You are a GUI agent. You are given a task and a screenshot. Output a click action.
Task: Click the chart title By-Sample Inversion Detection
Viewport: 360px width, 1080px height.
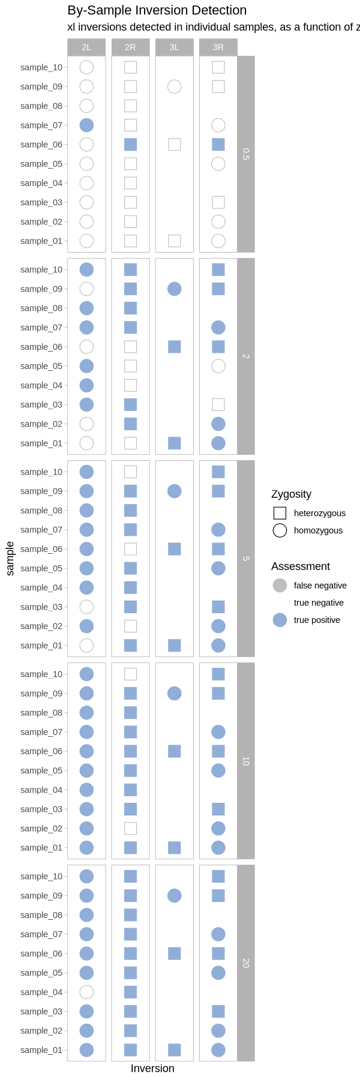[x=157, y=10]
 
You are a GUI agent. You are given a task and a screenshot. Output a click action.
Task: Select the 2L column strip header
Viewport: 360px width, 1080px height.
[x=86, y=47]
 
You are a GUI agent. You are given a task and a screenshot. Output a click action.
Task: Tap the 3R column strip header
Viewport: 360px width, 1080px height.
[x=218, y=47]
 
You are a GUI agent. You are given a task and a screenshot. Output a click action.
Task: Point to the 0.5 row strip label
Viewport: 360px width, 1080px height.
[x=245, y=154]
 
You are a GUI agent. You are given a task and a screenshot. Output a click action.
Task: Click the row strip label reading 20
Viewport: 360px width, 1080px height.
[x=245, y=963]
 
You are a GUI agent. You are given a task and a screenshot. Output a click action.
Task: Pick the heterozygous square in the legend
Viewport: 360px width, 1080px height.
[x=280, y=513]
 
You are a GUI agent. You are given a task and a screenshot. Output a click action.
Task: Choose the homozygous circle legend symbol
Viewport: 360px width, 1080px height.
[x=280, y=530]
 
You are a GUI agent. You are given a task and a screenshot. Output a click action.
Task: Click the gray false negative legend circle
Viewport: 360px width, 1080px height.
[x=280, y=586]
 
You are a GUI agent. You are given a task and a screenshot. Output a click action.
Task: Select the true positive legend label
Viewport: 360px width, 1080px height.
[x=317, y=620]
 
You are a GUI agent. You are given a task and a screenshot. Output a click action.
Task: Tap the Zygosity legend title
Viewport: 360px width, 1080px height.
[x=291, y=494]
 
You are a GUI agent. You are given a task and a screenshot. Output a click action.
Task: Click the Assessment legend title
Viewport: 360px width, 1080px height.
[x=301, y=566]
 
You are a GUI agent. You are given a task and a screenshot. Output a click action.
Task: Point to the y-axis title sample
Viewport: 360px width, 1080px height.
[x=10, y=558]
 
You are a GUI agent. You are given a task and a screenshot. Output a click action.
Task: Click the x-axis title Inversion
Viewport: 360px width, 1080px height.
[x=152, y=1069]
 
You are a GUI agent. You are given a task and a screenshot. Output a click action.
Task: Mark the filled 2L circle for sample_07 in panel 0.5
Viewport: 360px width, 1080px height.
[x=86, y=125]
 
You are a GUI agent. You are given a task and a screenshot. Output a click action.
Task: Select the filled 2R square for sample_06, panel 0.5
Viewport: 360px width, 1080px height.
[x=130, y=145]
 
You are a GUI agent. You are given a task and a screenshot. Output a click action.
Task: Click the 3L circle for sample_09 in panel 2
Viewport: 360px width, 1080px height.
[x=175, y=289]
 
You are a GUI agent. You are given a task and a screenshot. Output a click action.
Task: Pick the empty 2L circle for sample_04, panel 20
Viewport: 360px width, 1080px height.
[x=86, y=992]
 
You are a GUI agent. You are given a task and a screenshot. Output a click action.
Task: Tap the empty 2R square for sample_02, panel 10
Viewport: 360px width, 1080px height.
[x=130, y=829]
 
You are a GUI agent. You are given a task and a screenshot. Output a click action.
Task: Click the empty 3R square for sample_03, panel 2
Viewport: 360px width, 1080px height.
[x=218, y=405]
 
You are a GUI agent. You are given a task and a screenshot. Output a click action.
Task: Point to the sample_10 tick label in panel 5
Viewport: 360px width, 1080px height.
[x=41, y=472]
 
